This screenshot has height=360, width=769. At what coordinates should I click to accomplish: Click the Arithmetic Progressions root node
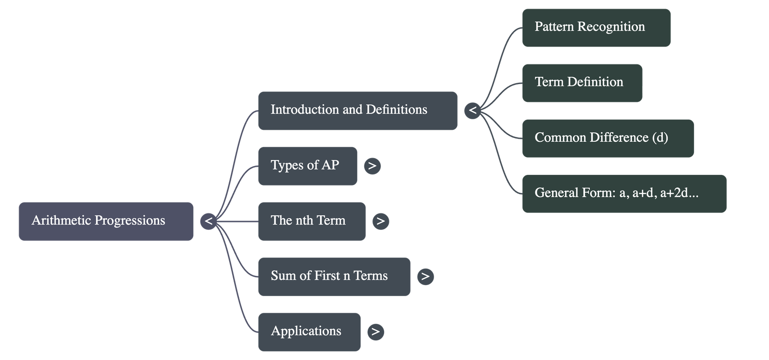[x=106, y=221]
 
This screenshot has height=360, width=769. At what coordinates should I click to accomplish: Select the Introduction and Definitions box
[x=357, y=111]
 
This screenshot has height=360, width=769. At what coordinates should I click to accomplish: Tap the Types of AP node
[x=307, y=166]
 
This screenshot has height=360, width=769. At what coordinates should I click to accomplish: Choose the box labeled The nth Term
[x=311, y=221]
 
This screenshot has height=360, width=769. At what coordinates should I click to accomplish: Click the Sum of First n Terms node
[x=334, y=276]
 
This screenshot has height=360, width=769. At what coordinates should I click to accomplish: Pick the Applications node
[x=309, y=332]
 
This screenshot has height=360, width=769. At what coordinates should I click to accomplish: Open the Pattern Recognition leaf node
[x=596, y=27]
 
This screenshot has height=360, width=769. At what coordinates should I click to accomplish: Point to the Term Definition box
[x=582, y=83]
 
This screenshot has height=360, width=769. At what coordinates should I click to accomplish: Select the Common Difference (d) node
[x=608, y=138]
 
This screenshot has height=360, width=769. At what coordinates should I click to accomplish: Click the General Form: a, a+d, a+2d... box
[x=624, y=194]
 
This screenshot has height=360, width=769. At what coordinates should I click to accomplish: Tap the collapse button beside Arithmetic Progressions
[x=209, y=221]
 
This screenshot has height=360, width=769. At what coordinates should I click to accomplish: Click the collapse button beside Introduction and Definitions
[x=473, y=111]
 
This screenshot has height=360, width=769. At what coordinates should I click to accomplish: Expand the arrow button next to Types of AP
[x=372, y=166]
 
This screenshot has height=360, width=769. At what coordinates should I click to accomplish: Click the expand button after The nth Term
[x=380, y=221]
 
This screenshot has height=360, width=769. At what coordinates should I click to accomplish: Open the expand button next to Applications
[x=375, y=332]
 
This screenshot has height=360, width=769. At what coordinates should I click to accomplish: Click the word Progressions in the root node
[x=130, y=221]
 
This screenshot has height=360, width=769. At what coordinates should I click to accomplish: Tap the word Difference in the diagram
[x=619, y=138]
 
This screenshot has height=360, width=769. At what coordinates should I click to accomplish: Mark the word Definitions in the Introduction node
[x=397, y=110]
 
